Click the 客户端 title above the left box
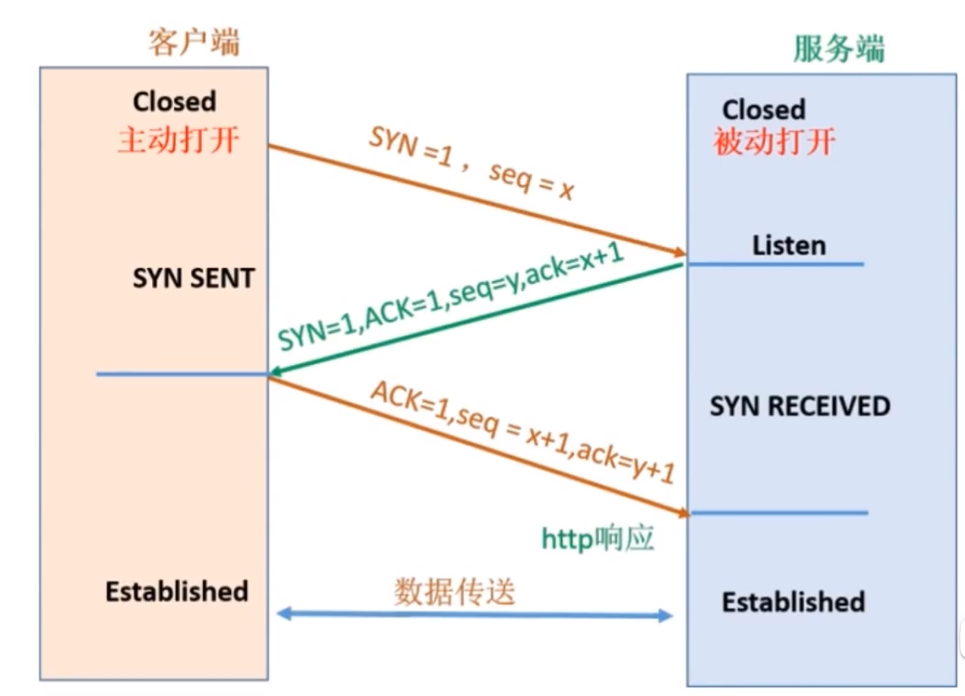[x=194, y=41]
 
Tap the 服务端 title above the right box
[x=839, y=49]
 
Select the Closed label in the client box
[x=174, y=100]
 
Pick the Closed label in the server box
[x=763, y=110]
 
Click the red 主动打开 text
[x=178, y=140]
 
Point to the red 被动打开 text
[x=774, y=142]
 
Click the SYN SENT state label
[x=194, y=278]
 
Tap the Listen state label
[x=789, y=245]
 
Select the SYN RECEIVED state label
[x=800, y=407]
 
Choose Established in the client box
[x=177, y=591]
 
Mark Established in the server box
[x=794, y=603]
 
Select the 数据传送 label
[x=454, y=592]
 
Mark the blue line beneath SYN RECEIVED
[x=780, y=513]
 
